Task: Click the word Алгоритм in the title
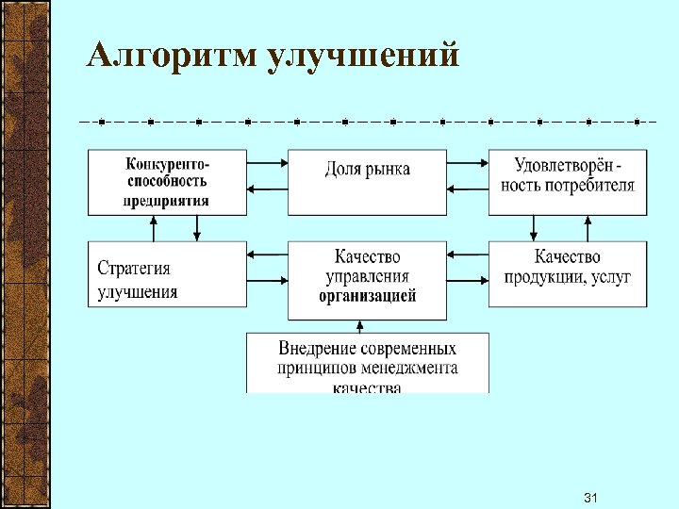(x=171, y=57)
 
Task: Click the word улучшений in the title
(x=364, y=57)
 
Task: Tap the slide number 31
(x=592, y=497)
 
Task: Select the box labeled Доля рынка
(x=368, y=182)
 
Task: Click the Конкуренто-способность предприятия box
(x=167, y=182)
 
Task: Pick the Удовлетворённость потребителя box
(x=568, y=182)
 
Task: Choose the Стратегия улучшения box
(x=167, y=273)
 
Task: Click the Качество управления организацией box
(x=368, y=273)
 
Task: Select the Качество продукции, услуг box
(x=568, y=273)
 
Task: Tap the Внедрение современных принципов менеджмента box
(x=368, y=363)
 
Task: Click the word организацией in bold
(x=368, y=295)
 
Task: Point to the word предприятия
(x=167, y=201)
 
